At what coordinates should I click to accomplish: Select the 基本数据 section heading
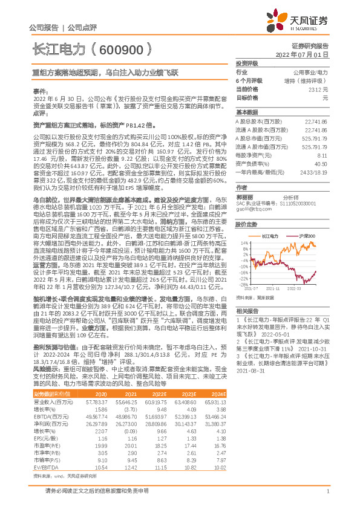pyautogui.click(x=246, y=112)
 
